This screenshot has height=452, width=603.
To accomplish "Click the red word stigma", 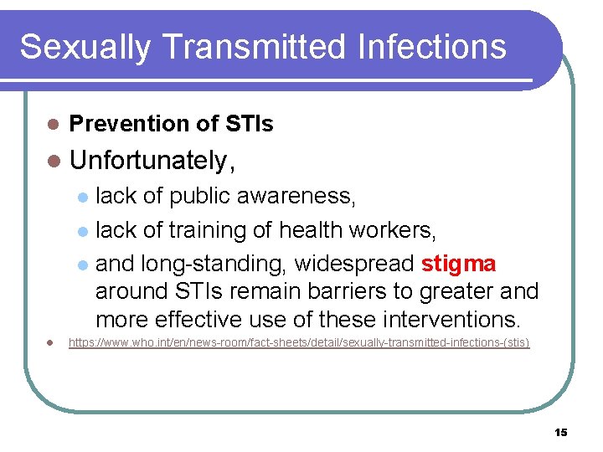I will [x=458, y=265].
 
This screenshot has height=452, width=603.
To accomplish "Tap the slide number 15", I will [x=560, y=432].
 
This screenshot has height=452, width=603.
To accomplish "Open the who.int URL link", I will [x=298, y=343].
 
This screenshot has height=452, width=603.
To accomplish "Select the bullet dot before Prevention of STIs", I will [x=52, y=125].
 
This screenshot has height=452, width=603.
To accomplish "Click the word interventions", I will [x=448, y=320].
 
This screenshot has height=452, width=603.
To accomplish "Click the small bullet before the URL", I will [x=51, y=343].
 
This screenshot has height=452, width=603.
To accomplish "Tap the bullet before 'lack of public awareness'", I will [x=82, y=198].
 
